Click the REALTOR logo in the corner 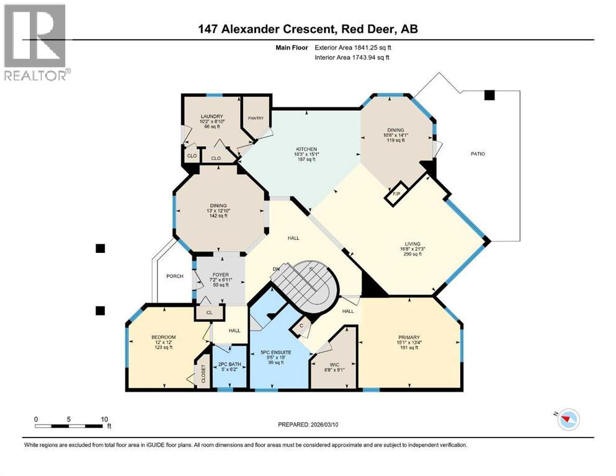(36, 42)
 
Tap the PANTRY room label (256, 118)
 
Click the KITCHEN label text (306, 149)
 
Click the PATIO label (476, 154)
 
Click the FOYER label (220, 275)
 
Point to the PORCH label (175, 276)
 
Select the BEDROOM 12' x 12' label (164, 337)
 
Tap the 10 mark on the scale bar (102, 419)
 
